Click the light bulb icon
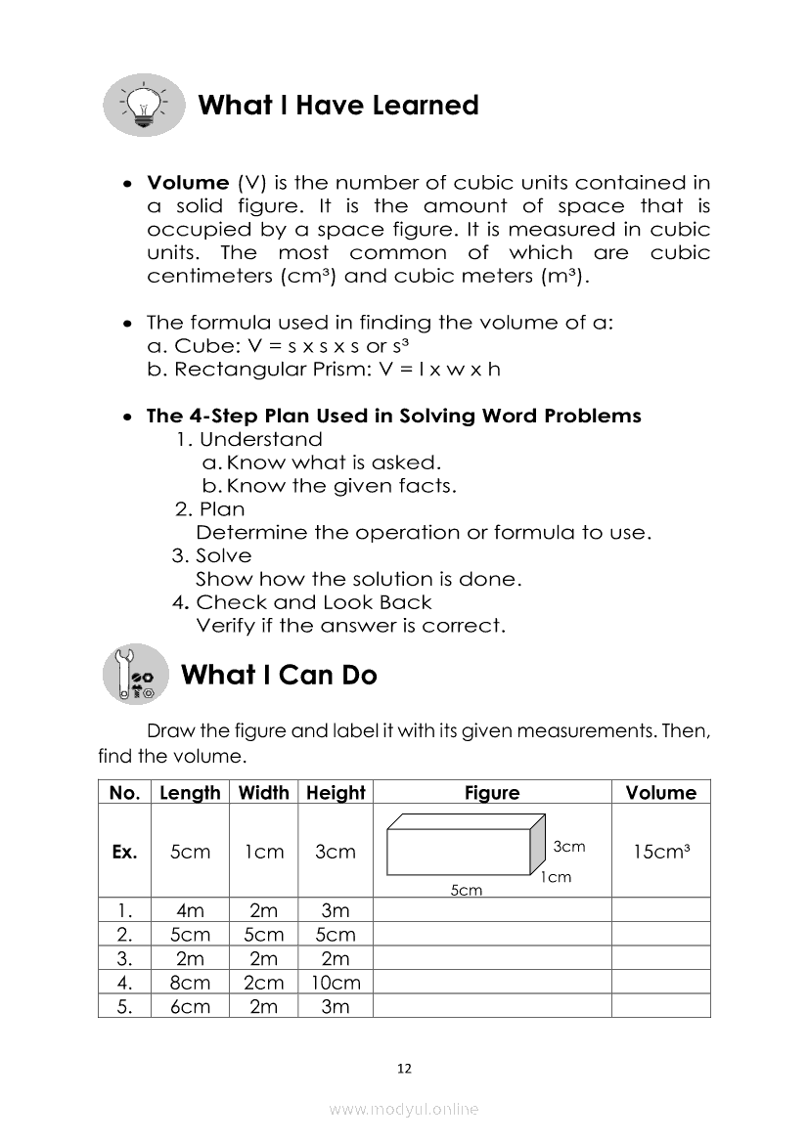143,104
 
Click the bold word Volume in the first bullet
188,183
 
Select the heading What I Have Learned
338,106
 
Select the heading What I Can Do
279,675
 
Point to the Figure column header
492,793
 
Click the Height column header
336,793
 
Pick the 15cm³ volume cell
661,852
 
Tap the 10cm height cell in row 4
336,983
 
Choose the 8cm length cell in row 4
190,983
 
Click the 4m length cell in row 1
190,910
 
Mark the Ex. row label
124,852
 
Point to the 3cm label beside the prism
569,847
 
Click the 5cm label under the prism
466,890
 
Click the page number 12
404,1069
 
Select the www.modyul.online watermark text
404,1109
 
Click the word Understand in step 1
260,440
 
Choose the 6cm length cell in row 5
190,1006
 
